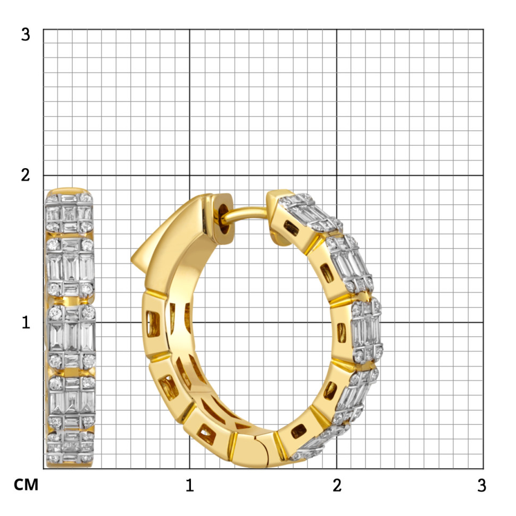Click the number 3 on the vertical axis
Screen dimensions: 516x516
[x=26, y=35]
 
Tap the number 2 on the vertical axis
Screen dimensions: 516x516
[x=26, y=175]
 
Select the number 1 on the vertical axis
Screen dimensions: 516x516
[x=26, y=322]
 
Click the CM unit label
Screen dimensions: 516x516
[x=26, y=485]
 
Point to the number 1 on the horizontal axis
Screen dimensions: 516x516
[x=189, y=485]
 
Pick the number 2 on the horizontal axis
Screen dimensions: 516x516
[x=337, y=485]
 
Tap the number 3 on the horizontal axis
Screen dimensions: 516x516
[x=481, y=485]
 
